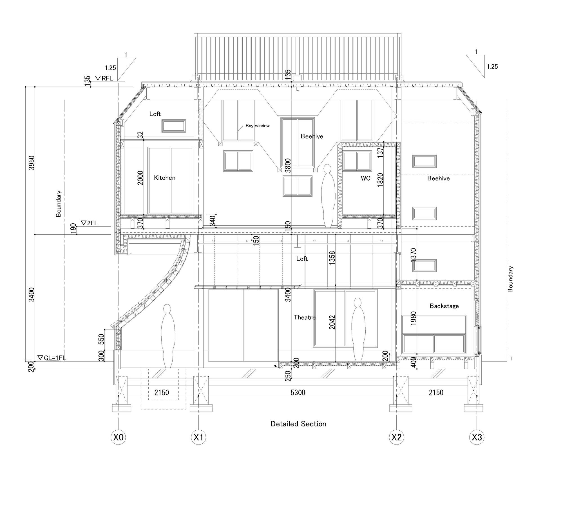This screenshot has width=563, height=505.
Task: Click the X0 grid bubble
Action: click(x=118, y=437)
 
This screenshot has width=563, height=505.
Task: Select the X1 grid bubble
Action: click(x=199, y=437)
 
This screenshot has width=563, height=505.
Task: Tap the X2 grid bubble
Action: click(x=396, y=437)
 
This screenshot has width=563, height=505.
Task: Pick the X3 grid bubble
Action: click(x=477, y=437)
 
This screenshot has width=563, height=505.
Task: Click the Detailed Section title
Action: click(x=298, y=424)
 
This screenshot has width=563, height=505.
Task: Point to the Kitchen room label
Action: click(x=165, y=178)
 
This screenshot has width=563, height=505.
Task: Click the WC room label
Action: click(x=366, y=178)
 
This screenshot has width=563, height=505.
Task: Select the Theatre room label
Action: click(x=305, y=317)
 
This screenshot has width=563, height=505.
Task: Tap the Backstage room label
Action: click(x=444, y=306)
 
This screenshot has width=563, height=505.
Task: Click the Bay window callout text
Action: click(x=258, y=126)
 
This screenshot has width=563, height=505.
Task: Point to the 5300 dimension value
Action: click(x=298, y=392)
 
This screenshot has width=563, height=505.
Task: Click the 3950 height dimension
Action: click(x=32, y=163)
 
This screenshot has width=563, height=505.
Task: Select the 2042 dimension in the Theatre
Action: click(x=332, y=322)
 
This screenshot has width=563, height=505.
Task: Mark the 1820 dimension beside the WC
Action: click(x=380, y=180)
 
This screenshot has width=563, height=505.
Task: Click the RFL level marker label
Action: click(x=104, y=78)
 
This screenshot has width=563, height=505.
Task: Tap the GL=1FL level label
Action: click(x=52, y=358)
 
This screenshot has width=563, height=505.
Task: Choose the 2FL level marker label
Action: click(x=89, y=223)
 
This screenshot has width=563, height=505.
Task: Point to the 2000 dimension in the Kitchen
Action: click(x=140, y=178)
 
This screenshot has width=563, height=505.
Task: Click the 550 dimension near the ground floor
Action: click(x=102, y=339)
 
